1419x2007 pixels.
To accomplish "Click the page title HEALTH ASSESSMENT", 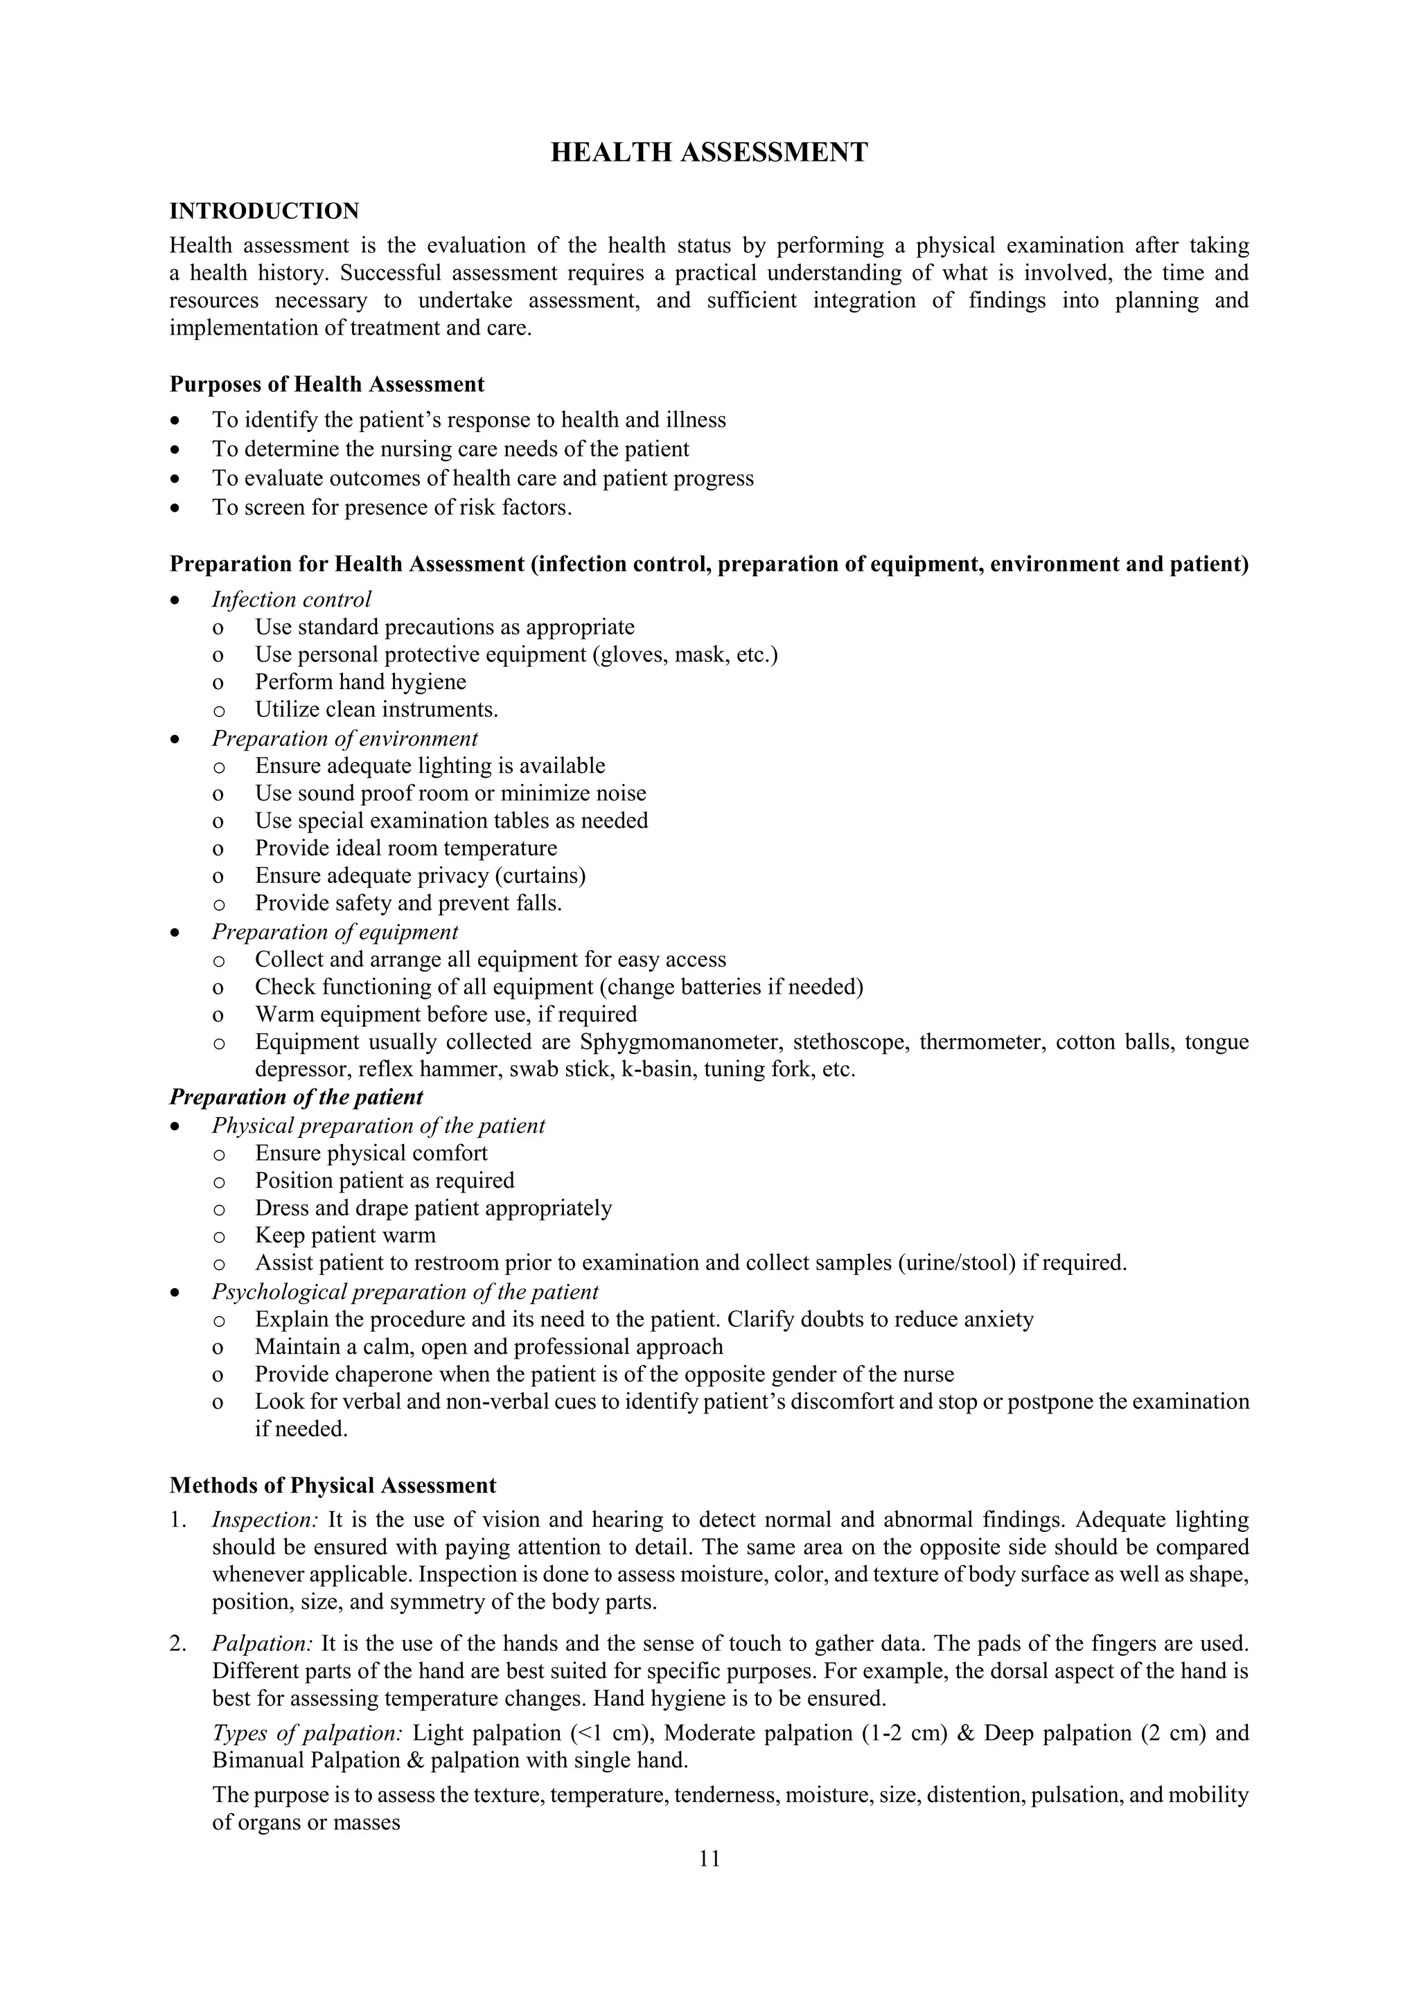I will [x=709, y=152].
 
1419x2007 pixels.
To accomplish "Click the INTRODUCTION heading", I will [x=264, y=211].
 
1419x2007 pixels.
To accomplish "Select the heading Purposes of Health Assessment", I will [x=326, y=384].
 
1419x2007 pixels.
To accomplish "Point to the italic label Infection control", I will [x=291, y=600].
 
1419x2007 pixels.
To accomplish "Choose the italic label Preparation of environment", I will [x=344, y=739].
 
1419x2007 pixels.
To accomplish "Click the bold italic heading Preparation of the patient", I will [x=296, y=1097].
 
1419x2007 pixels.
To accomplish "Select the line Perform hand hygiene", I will [x=360, y=682].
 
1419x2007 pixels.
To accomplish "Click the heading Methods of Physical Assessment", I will [x=333, y=1486].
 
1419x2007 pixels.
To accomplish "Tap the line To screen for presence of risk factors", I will [x=391, y=508].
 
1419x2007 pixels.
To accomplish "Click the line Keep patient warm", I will [x=344, y=1236].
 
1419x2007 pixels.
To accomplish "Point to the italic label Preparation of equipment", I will [x=335, y=933].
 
